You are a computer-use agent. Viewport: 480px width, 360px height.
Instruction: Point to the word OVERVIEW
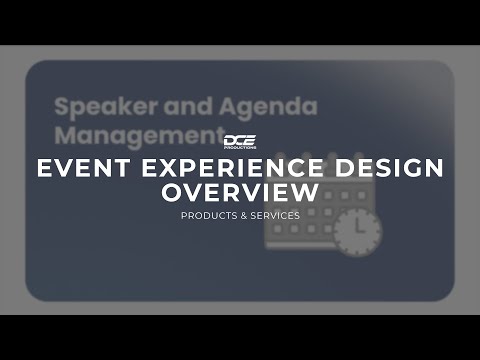[240, 191]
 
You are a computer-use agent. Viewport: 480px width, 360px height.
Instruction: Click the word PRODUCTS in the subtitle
[206, 215]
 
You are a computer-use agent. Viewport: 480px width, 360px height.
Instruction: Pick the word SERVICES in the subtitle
[274, 215]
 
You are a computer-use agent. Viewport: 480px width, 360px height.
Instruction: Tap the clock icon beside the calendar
[356, 233]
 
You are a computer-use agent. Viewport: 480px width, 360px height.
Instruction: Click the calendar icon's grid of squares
[300, 225]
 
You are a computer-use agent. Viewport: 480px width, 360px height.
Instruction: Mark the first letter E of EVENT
[45, 167]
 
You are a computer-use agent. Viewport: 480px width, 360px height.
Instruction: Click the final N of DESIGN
[433, 167]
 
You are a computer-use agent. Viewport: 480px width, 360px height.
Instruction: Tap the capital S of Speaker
[62, 106]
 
